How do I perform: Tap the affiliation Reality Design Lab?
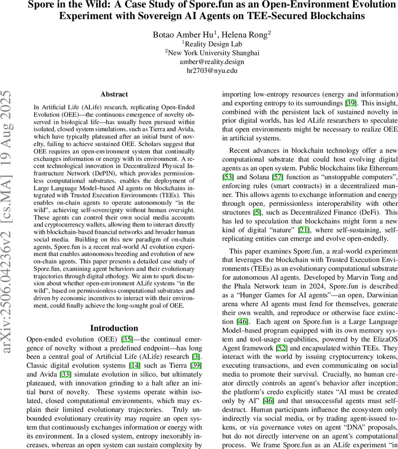click(211, 44)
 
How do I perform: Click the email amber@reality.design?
click(212, 62)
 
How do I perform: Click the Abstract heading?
click(114, 94)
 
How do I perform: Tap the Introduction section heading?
click(114, 328)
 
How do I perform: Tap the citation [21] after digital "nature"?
click(304, 230)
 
